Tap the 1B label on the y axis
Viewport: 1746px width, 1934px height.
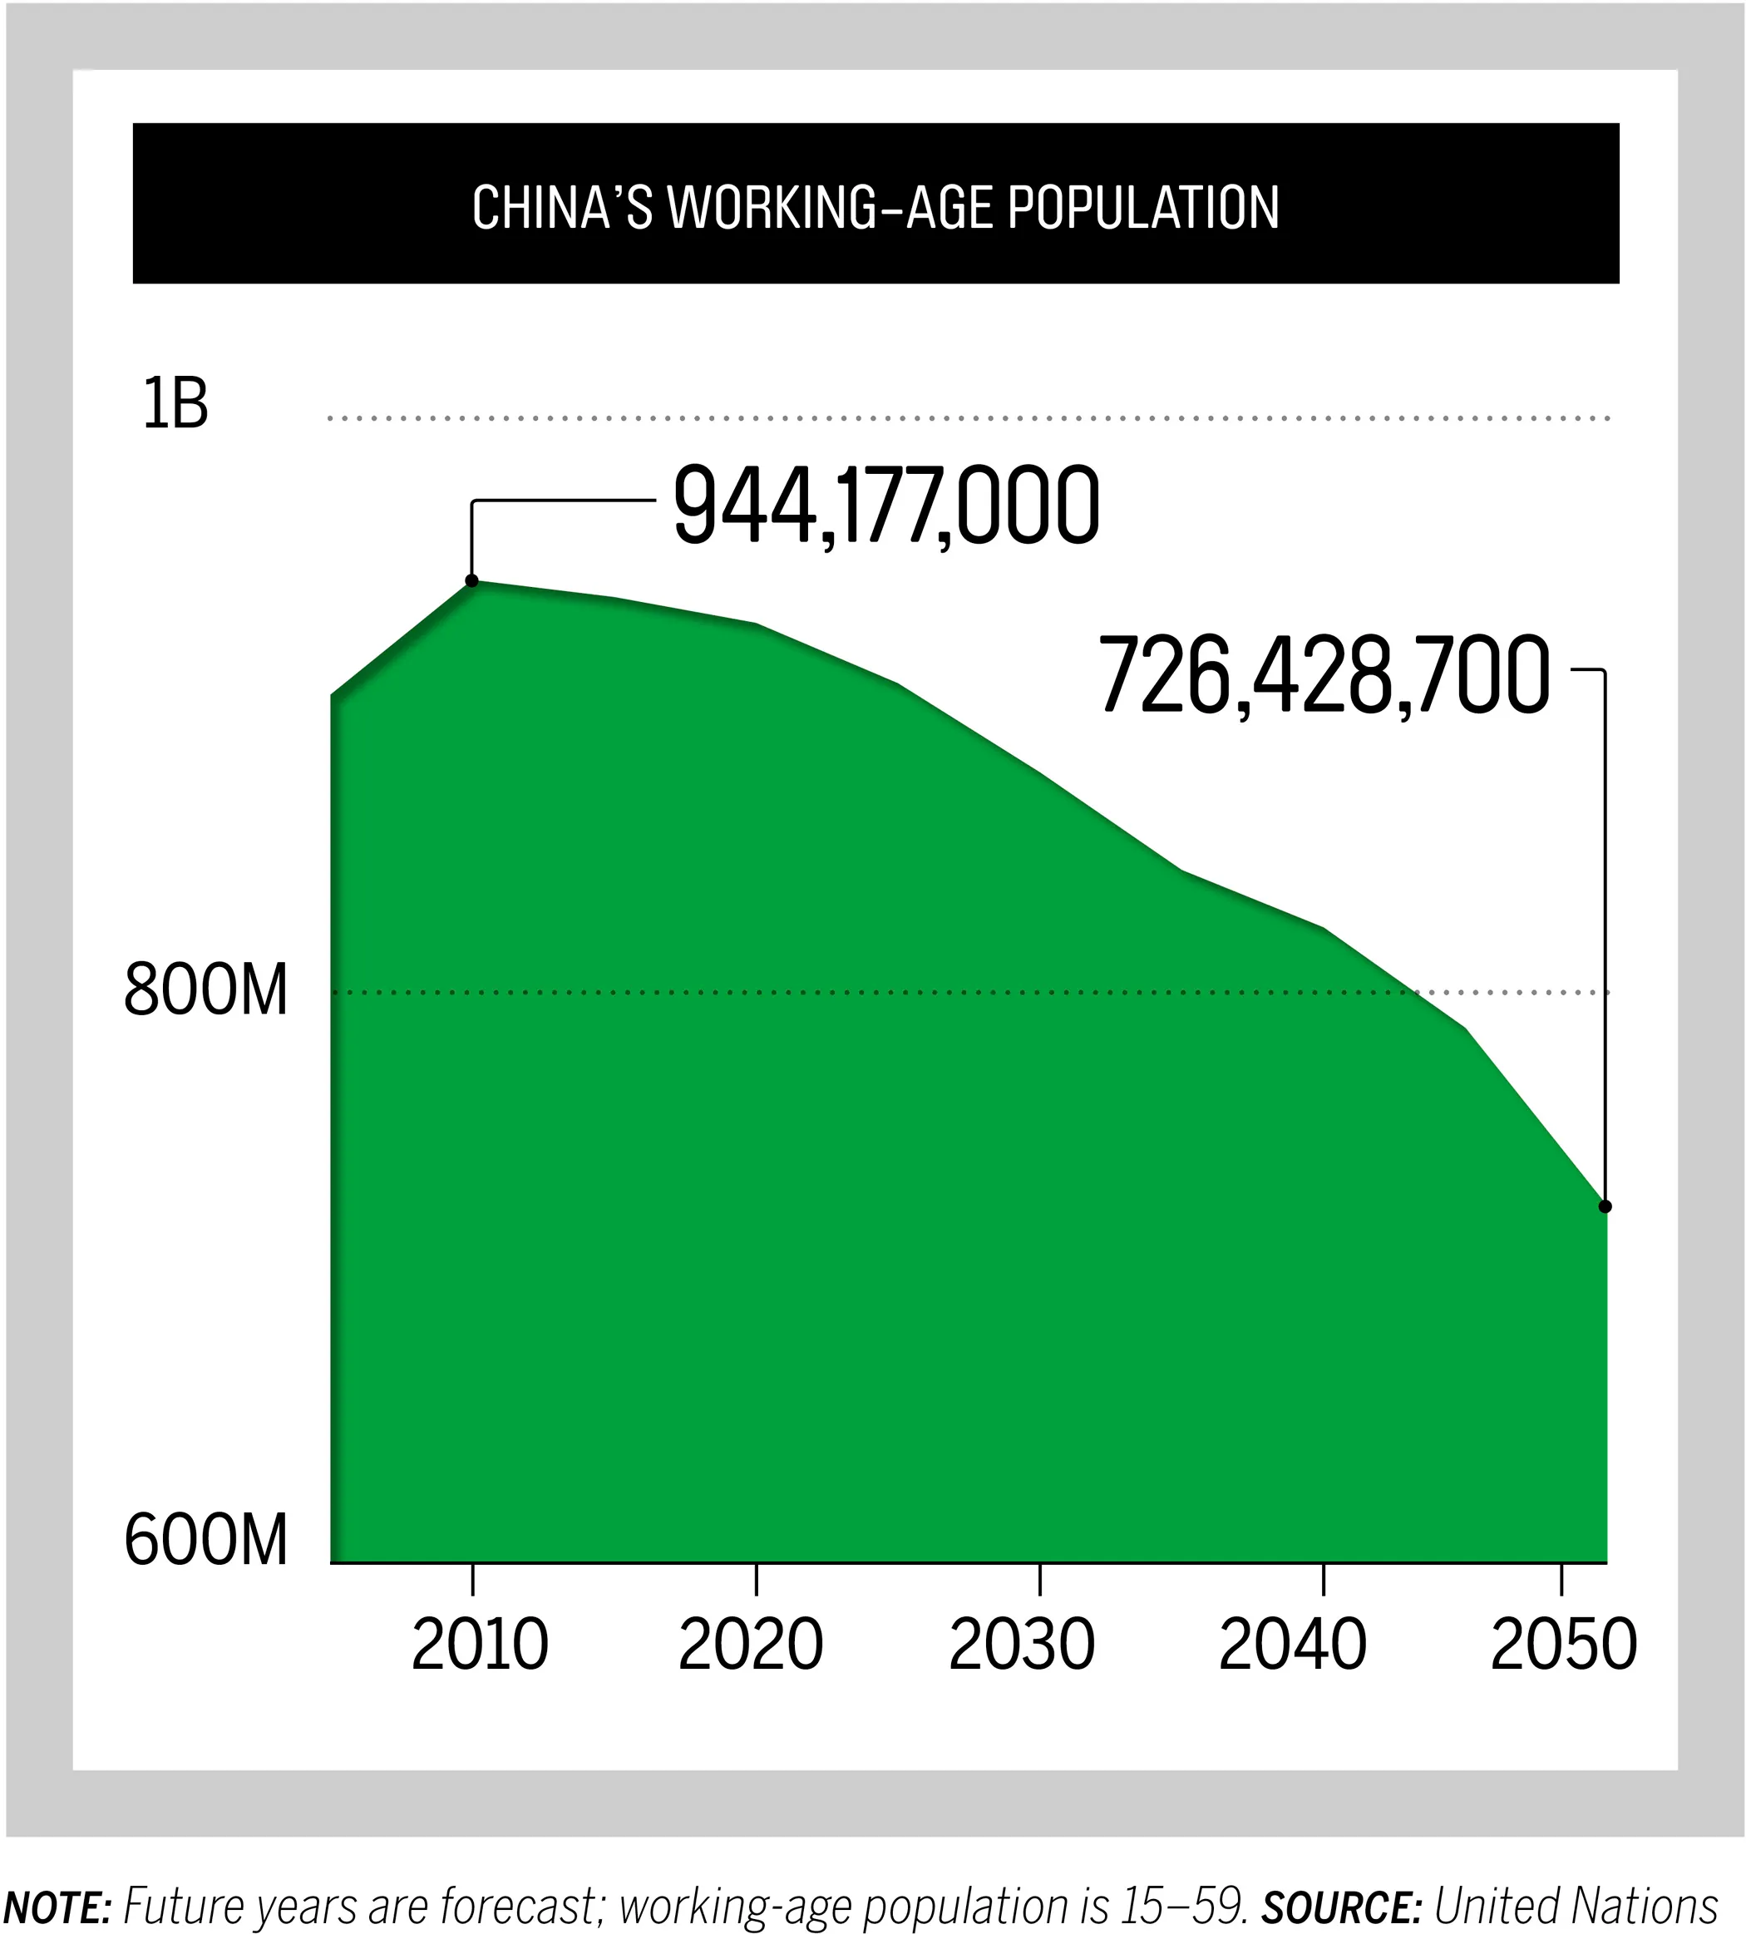pos(175,405)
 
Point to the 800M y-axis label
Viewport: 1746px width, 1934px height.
pos(206,991)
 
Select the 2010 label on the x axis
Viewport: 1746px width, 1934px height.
pos(480,1646)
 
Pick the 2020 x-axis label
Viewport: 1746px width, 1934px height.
pos(751,1646)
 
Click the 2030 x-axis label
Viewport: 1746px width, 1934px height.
pos(1022,1646)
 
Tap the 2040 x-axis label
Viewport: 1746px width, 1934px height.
pos(1292,1646)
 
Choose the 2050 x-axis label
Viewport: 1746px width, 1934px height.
pos(1564,1646)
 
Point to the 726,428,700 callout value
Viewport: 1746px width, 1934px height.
pos(1324,676)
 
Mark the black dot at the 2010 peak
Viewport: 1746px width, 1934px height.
pos(472,580)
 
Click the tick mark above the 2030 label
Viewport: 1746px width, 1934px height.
pos(1040,1580)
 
